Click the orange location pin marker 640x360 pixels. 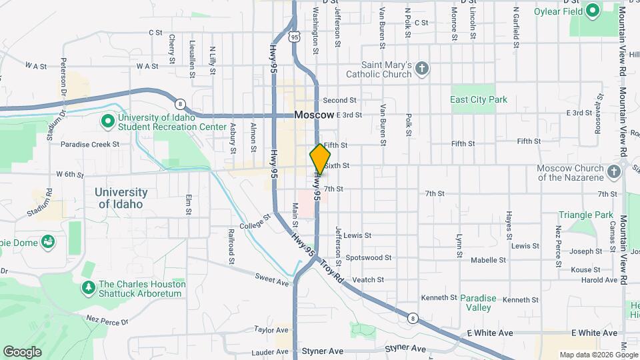coord(320,159)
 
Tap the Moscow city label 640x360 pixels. coord(314,115)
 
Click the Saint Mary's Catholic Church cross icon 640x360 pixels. coord(421,69)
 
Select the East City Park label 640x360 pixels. coord(479,100)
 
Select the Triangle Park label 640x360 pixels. coord(585,215)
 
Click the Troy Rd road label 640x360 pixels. coord(331,271)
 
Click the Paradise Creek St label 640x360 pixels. coord(89,144)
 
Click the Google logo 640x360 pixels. coord(22,351)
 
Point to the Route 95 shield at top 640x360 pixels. coord(294,39)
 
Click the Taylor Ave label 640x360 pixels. coord(269,329)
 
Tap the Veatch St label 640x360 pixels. coord(367,280)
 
